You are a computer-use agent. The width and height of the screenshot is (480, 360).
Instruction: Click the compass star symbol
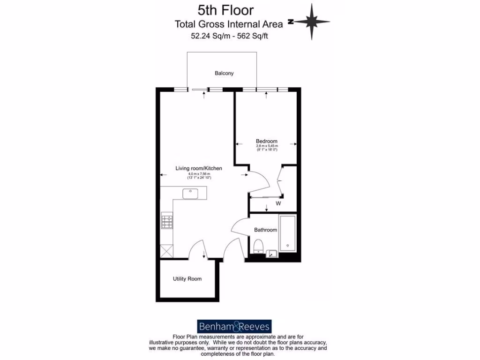(x=312, y=22)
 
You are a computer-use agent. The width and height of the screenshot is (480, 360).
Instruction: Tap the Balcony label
(x=224, y=74)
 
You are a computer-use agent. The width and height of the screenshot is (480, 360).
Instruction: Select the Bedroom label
(x=266, y=141)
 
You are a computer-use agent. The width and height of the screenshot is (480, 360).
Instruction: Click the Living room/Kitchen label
(x=199, y=168)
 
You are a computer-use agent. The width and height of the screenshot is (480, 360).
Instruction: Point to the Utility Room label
(x=187, y=279)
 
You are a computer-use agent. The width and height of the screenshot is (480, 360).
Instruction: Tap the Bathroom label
(x=265, y=230)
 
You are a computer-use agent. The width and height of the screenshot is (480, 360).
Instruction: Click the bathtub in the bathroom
(x=287, y=233)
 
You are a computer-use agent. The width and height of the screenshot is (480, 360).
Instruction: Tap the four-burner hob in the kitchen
(x=167, y=221)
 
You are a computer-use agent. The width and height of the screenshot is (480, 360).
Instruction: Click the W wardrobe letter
(x=278, y=203)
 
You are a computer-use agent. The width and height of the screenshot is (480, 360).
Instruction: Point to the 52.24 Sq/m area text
(x=207, y=36)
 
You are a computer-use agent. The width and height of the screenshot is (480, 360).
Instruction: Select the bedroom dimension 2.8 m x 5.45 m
(x=266, y=147)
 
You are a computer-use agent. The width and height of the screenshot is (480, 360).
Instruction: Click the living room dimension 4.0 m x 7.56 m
(x=199, y=174)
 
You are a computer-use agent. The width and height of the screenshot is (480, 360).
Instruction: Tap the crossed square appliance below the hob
(x=167, y=250)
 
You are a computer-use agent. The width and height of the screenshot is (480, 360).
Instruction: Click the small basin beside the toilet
(x=271, y=254)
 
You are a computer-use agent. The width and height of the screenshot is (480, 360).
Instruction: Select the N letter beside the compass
(x=291, y=22)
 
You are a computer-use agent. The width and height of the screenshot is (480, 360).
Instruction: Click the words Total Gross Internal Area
(x=229, y=24)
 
